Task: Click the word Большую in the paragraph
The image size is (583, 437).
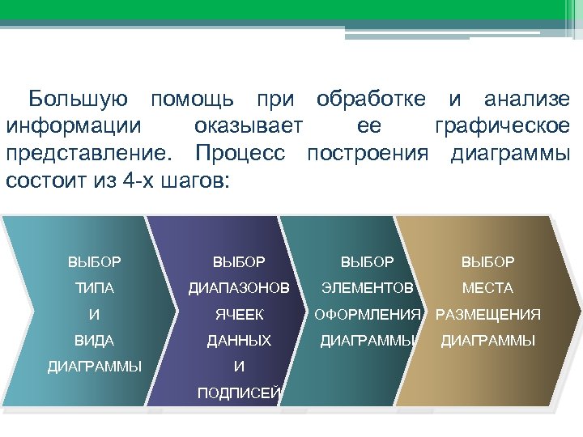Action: (x=78, y=100)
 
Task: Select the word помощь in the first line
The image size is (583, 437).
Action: (x=193, y=100)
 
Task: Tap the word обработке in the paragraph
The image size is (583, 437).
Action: (x=371, y=100)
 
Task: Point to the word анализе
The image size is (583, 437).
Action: (x=526, y=100)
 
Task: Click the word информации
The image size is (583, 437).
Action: (x=74, y=126)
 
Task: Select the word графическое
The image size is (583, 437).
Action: (x=502, y=126)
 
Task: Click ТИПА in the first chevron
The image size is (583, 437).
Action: (x=95, y=288)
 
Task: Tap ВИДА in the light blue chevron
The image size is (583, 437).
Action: (x=95, y=341)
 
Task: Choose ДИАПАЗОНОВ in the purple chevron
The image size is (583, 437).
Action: (x=238, y=288)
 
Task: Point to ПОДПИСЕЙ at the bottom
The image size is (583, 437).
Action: (x=239, y=393)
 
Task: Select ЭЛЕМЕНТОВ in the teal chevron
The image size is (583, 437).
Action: (x=368, y=288)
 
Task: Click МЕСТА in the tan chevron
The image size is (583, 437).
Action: (x=487, y=288)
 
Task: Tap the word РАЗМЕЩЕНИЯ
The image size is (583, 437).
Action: (x=488, y=315)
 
